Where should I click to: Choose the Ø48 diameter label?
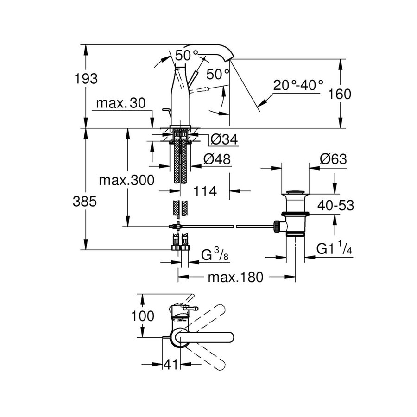point(217,159)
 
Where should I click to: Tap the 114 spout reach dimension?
point(205,191)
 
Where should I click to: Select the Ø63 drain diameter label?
point(333,159)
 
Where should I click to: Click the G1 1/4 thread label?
point(333,249)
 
